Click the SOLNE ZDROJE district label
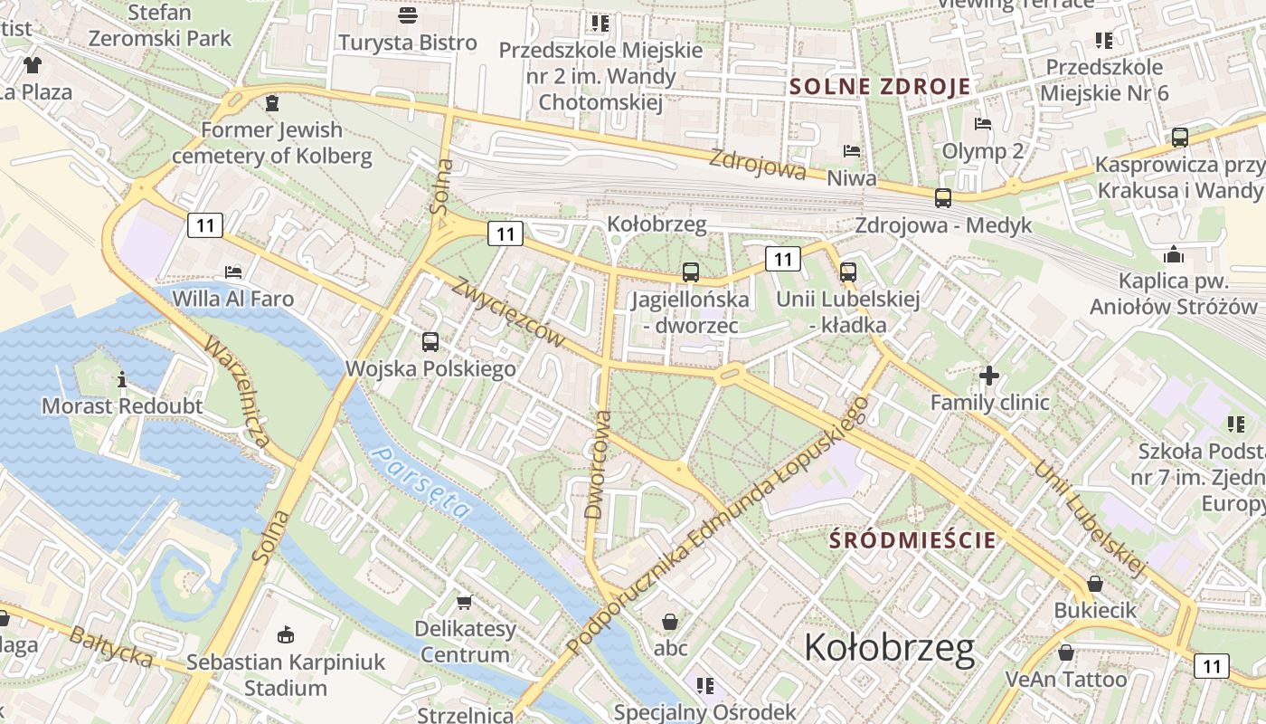coord(880,87)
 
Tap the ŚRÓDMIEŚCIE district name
coord(913,540)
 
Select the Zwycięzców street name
coord(509,313)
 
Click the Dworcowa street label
coord(599,464)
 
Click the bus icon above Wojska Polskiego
coord(430,342)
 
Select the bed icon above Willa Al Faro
coord(233,272)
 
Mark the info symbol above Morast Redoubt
coord(122,379)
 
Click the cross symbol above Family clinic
coord(989,375)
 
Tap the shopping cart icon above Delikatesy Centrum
coord(465,602)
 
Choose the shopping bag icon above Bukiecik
coord(1095,584)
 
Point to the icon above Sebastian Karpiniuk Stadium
coord(286,634)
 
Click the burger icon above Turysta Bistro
coord(408,15)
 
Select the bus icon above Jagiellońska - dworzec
coord(691,271)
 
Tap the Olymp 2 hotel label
coord(983,150)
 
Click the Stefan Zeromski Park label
coord(161,25)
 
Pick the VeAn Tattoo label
coord(1066,679)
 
